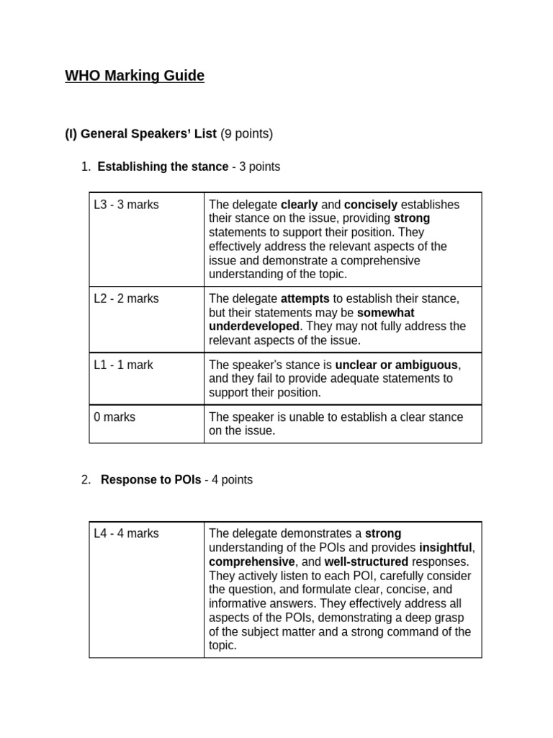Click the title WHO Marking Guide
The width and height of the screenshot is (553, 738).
tap(135, 76)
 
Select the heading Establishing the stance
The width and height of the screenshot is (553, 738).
tap(163, 166)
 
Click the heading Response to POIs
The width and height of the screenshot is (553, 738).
tap(150, 479)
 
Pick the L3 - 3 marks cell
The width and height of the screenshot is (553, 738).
tap(127, 205)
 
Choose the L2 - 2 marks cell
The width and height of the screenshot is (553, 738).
tap(127, 298)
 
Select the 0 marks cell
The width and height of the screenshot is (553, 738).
tap(114, 417)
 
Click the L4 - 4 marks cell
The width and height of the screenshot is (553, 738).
tap(127, 533)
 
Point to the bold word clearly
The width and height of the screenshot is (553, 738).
tap(299, 205)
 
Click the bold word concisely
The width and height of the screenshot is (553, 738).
tap(371, 205)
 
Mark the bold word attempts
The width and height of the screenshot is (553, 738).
tap(305, 298)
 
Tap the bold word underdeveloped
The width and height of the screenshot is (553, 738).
tap(254, 326)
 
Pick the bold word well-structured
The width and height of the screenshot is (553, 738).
tap(366, 561)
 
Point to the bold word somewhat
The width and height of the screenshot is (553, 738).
tap(386, 313)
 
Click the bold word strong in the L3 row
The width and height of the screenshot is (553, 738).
tap(412, 218)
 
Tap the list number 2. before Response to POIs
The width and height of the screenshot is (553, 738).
tap(86, 479)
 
